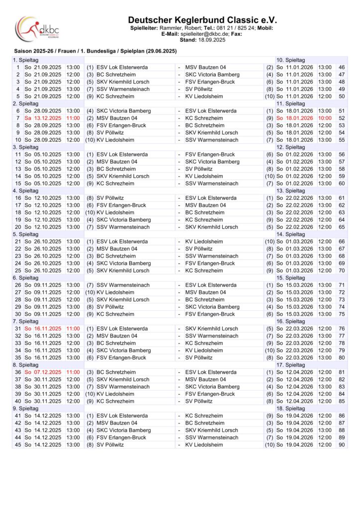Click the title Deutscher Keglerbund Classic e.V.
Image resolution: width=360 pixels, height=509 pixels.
click(x=202, y=19)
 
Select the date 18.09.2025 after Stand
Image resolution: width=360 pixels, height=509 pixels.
click(x=212, y=40)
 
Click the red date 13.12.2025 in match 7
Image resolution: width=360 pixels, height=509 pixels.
click(x=47, y=118)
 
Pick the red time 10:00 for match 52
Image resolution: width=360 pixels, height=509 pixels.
click(x=325, y=118)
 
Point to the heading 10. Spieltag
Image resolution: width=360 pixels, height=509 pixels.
click(x=291, y=60)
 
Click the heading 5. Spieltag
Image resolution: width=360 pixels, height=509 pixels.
click(x=25, y=234)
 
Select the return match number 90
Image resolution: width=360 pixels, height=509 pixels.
click(x=341, y=444)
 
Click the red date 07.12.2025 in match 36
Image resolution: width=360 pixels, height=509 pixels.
click(x=47, y=372)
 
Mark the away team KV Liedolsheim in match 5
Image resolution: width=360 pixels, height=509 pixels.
click(x=204, y=96)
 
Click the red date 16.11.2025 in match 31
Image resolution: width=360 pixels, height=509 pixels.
click(x=47, y=329)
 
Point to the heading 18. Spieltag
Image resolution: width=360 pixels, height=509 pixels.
click(x=291, y=408)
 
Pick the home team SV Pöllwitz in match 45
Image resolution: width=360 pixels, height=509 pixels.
click(x=111, y=444)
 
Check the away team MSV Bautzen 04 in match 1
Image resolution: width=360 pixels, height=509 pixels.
click(x=205, y=67)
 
